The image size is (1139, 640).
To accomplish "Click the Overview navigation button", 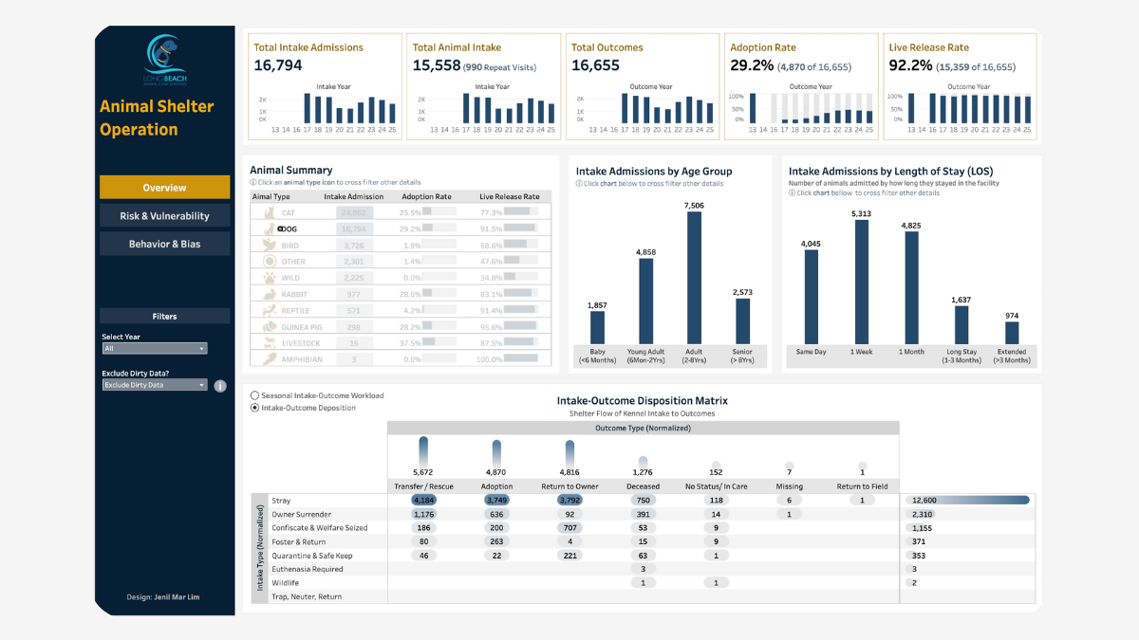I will coord(164,188).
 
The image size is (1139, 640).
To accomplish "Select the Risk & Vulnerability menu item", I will coord(164,216).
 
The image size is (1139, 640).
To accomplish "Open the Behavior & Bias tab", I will coord(164,244).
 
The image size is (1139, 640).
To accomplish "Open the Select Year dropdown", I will coord(154,349).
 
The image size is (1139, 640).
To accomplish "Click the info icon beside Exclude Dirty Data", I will coord(220,386).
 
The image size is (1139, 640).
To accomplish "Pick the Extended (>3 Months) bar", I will coord(1012,333).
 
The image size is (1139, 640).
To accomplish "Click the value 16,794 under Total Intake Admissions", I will coord(278,65).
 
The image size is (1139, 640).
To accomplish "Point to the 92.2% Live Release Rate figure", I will coord(909,65).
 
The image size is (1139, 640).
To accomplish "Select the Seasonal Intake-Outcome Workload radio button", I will coord(254,395).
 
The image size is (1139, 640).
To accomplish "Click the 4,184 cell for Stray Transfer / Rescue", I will coord(423,501).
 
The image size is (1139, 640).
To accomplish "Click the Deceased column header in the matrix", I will coord(644,486).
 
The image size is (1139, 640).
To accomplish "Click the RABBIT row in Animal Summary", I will coord(301,295).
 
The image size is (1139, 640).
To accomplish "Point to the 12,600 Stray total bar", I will coord(968,501).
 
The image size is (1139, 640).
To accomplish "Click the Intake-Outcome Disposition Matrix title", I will coord(642,401).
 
